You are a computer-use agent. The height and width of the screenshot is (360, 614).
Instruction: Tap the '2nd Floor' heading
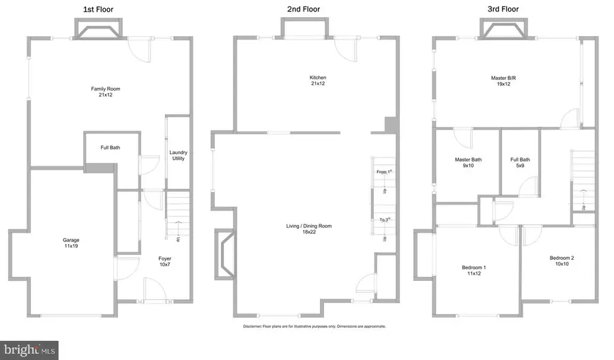pyautogui.click(x=304, y=10)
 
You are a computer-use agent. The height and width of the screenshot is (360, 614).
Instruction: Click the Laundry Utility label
pyautogui.click(x=179, y=155)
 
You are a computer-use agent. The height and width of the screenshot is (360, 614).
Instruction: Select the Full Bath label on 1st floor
pyautogui.click(x=111, y=148)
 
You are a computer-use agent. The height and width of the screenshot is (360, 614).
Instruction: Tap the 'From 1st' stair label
pyautogui.click(x=385, y=172)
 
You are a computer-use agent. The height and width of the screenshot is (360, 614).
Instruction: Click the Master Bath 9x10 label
pyautogui.click(x=468, y=164)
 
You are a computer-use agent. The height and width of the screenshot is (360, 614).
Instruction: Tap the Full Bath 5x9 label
pyautogui.click(x=520, y=164)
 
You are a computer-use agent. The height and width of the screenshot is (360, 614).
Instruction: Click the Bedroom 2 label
pyautogui.click(x=562, y=261)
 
